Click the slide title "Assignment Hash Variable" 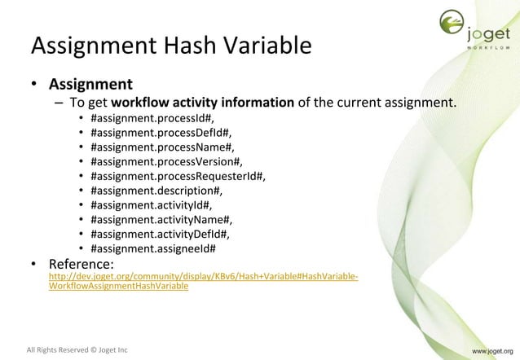pyautogui.click(x=171, y=46)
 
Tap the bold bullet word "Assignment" pyautogui.click(x=90, y=83)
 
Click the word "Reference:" pyautogui.click(x=81, y=265)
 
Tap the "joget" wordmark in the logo pyautogui.click(x=490, y=33)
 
